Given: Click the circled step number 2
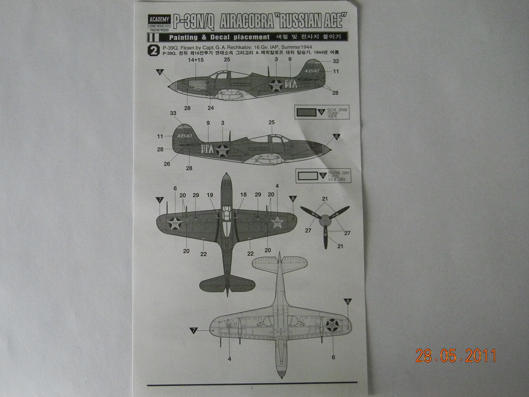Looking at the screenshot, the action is pyautogui.click(x=153, y=51).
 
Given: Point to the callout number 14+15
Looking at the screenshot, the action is pyautogui.click(x=195, y=60).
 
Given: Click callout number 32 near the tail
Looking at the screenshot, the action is pyautogui.click(x=336, y=61).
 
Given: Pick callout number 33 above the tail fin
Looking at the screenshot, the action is pyautogui.click(x=174, y=114).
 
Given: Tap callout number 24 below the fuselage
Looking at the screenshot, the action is pyautogui.click(x=210, y=107).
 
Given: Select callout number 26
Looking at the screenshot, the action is pyautogui.click(x=167, y=163).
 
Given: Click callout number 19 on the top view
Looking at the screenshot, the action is pyautogui.click(x=210, y=194).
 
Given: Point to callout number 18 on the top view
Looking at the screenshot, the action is pyautogui.click(x=243, y=194).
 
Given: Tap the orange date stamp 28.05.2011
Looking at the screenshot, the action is pyautogui.click(x=456, y=356).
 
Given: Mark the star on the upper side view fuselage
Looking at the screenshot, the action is pyautogui.click(x=276, y=85).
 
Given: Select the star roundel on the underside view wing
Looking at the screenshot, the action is pyautogui.click(x=333, y=325).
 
